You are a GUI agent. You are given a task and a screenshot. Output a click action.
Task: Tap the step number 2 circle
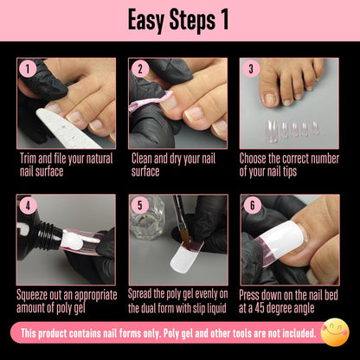pos(138,68)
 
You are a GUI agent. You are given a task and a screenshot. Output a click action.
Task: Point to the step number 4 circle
pos(27,204)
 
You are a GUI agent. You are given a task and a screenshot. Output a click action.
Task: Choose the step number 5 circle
pos(138,204)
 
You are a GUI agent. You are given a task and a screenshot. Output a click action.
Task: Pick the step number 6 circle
pos(250,204)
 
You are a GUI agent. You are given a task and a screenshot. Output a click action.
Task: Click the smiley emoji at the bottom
pos(334,333)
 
